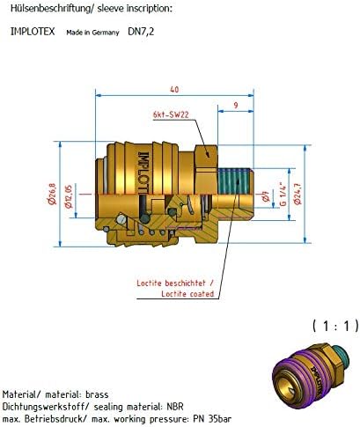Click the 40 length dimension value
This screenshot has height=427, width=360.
[x=174, y=89]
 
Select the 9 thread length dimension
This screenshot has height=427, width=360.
[x=236, y=105]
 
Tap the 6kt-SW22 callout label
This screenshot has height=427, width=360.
[x=171, y=114]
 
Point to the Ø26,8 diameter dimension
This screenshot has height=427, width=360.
[x=52, y=194]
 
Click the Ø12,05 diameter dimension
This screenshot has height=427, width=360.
[x=69, y=196]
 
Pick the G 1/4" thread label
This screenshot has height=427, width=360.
[x=283, y=194]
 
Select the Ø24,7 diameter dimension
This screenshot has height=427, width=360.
[x=298, y=194]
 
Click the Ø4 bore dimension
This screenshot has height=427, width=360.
[x=266, y=196]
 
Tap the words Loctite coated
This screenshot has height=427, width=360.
[x=187, y=294]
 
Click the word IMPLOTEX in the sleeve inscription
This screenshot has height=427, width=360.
[x=33, y=32]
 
